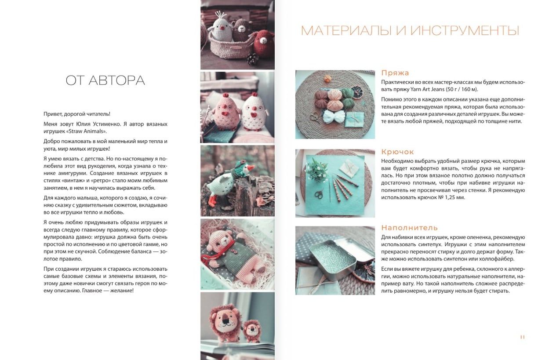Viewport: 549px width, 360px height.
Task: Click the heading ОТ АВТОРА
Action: [105, 80]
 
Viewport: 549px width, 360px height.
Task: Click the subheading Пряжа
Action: [395, 73]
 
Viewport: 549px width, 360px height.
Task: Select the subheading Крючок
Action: [397, 152]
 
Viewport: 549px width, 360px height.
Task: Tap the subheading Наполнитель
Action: [409, 228]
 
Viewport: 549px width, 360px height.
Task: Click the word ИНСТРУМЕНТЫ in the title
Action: [465, 31]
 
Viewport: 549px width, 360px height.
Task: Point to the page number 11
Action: [522, 337]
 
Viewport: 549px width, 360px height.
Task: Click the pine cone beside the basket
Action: [252, 59]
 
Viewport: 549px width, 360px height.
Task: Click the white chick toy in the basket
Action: [221, 29]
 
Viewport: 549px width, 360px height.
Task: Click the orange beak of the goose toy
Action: [251, 168]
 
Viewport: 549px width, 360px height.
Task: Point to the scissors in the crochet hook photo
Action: [319, 194]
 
